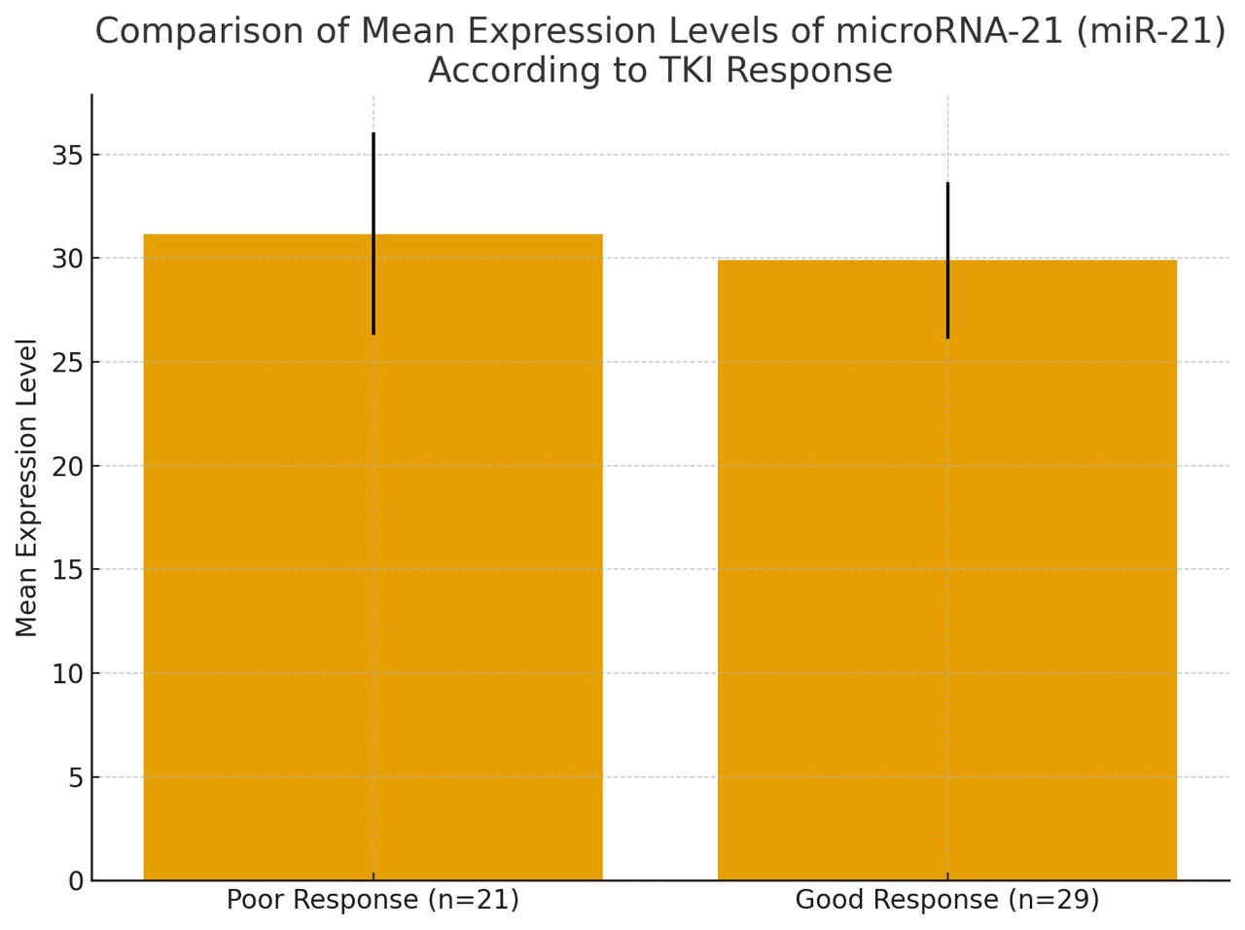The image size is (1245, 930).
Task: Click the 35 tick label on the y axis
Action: (67, 156)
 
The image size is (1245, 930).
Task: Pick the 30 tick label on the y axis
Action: (67, 259)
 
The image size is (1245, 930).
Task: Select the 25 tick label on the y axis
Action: (67, 363)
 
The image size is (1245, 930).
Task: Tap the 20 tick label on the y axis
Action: (67, 467)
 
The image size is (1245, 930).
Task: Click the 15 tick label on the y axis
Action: (67, 570)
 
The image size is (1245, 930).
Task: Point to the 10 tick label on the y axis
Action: (67, 674)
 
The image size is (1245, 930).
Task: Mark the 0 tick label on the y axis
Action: (75, 881)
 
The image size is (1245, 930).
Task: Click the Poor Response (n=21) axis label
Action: (373, 900)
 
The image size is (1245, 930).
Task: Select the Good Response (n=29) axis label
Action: (947, 900)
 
